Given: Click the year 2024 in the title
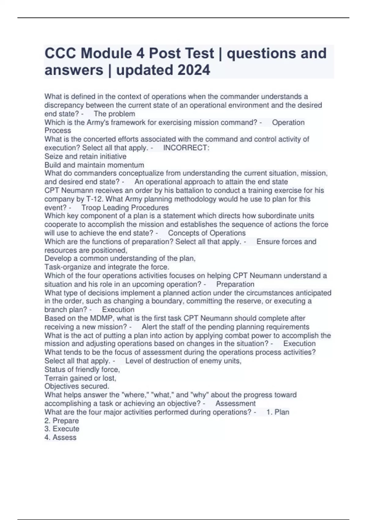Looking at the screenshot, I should coord(194,70).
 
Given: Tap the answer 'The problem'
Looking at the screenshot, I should coord(114,114).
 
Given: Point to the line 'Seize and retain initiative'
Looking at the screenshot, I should coord(85,156).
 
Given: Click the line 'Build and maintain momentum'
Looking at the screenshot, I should coord(94,165).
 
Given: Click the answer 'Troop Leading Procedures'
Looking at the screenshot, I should coord(125,208).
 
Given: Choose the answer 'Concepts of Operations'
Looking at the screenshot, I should coord(207,233).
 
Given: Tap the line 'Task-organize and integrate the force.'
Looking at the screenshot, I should coord(107,267).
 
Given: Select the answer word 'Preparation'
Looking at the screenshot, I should coord(235,284).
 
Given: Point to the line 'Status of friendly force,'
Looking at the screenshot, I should coord(82,369).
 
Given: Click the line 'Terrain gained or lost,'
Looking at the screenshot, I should coord(80,378).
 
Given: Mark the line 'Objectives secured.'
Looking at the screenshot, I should coord(77,386).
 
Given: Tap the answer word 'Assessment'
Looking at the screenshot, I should coord(235,403).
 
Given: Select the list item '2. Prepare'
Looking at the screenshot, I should coord(61,421).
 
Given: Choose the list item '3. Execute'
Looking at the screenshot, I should coord(62,429).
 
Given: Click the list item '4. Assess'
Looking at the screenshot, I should coord(60,437).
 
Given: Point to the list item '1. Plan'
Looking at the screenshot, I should coord(278,412).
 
